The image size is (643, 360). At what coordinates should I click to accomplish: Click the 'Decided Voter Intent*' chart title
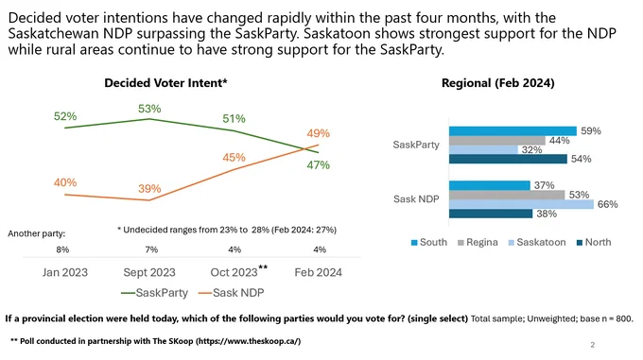[165, 83]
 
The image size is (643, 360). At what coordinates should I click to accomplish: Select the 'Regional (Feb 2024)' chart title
[497, 83]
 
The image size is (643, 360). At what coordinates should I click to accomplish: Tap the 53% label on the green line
[149, 109]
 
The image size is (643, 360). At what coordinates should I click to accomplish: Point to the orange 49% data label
[319, 133]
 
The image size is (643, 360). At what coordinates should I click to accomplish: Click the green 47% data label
[319, 165]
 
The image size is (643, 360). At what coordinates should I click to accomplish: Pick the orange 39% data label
[149, 189]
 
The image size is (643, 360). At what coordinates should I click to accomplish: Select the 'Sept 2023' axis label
[149, 272]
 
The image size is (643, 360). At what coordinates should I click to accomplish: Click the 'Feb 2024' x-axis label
[319, 272]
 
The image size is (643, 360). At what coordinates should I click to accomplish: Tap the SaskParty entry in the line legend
[154, 293]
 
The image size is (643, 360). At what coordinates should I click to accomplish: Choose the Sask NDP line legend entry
[232, 293]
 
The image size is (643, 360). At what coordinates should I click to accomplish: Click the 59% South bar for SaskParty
[513, 131]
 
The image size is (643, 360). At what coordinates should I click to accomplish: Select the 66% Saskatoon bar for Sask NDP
[521, 204]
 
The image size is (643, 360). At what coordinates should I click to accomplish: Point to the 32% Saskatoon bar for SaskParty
[483, 150]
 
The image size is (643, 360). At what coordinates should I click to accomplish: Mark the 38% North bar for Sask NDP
[491, 214]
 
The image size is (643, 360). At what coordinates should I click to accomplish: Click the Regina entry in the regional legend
[478, 243]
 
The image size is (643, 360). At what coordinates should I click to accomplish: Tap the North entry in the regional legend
[594, 243]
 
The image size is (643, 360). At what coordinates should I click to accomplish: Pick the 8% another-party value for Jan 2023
[62, 249]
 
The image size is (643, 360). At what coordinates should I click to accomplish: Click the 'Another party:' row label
[37, 233]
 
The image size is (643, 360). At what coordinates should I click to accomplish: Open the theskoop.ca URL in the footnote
[249, 341]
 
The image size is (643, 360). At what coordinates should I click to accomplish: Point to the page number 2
[593, 345]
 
